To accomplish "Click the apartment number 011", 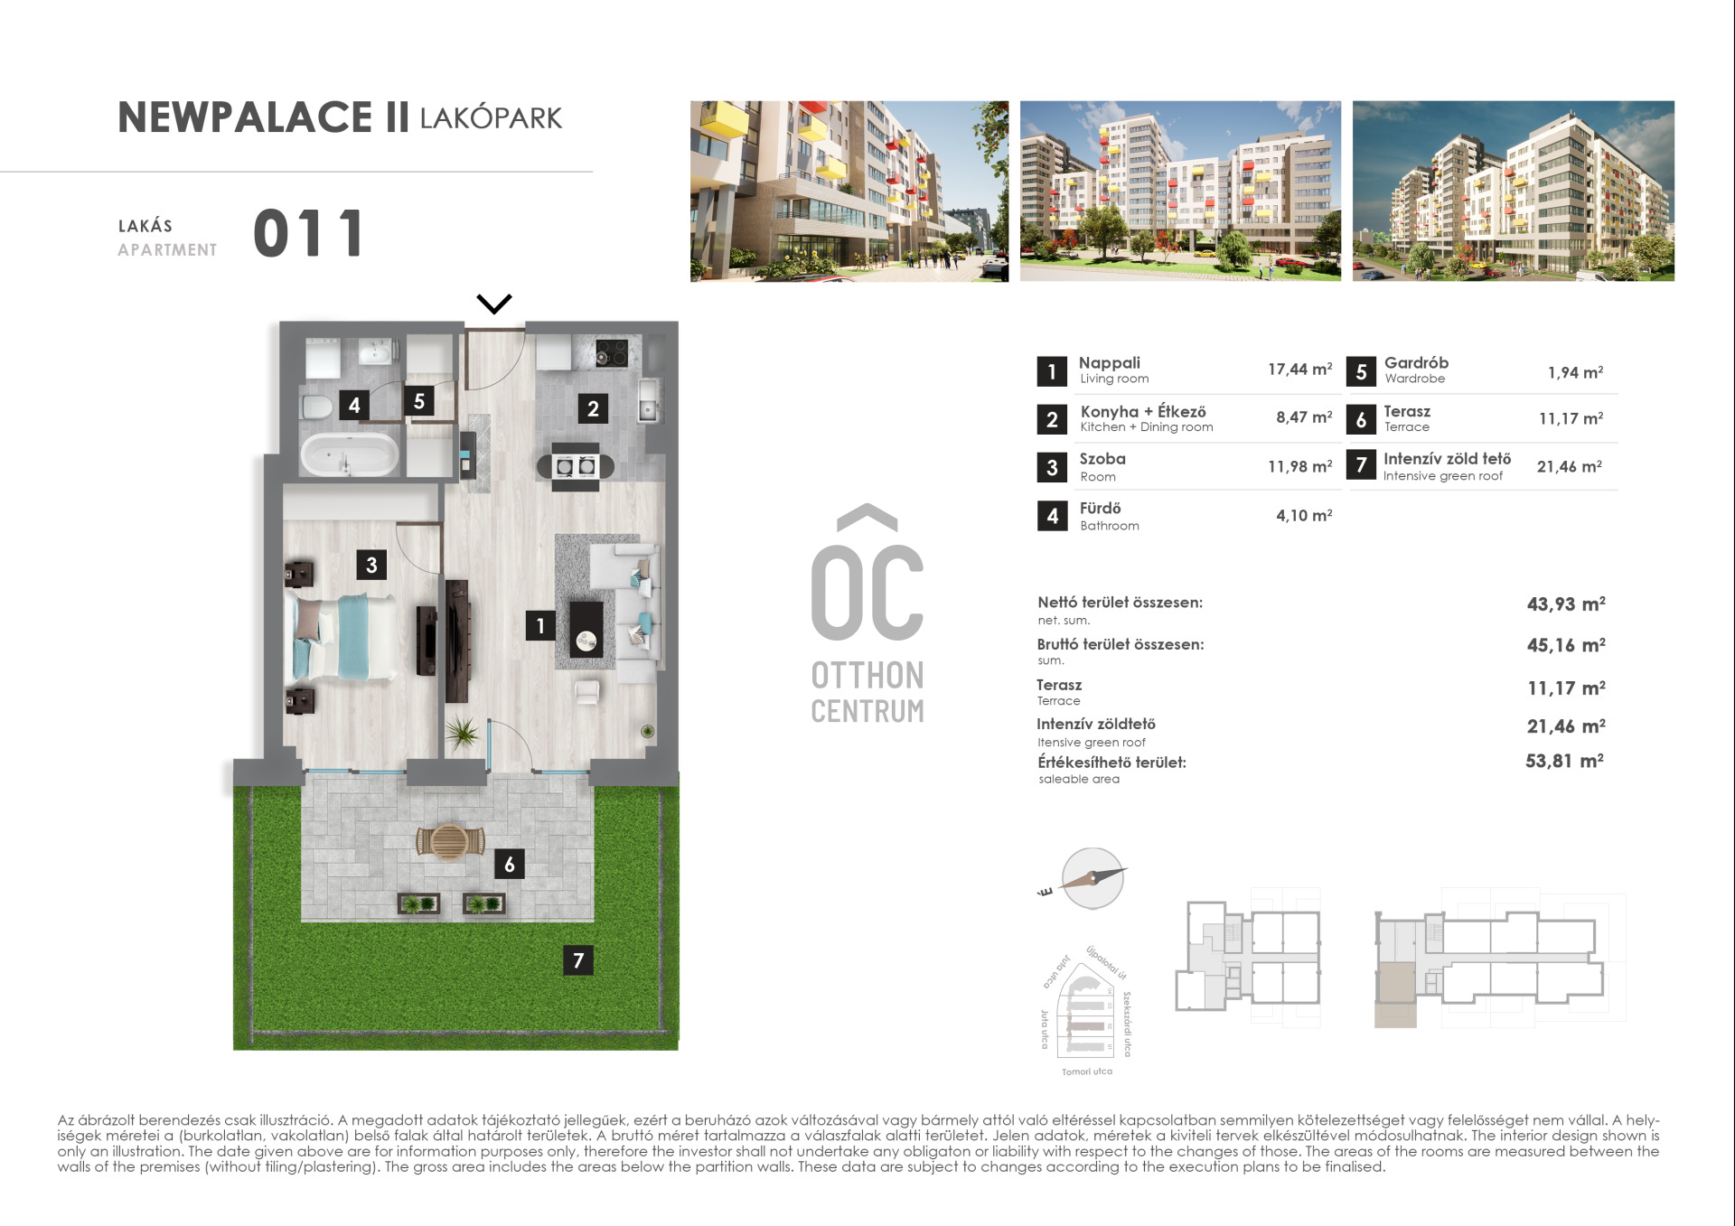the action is [x=308, y=233].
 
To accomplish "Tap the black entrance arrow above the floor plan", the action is [x=494, y=304].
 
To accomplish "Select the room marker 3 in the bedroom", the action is [x=371, y=565].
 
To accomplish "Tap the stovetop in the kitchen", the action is [x=612, y=352].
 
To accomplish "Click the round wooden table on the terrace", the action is [x=449, y=842].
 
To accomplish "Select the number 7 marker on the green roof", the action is [x=578, y=959].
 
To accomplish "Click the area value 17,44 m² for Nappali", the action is [x=1299, y=369].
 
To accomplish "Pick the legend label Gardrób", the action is [x=1416, y=362].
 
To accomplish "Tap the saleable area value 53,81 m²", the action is [x=1565, y=761].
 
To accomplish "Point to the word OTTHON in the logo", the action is [x=867, y=675].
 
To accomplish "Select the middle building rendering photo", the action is [x=1180, y=191].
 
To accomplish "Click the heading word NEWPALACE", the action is [x=245, y=117].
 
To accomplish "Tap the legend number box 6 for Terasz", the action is [x=1361, y=419].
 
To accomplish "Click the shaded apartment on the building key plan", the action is [x=1395, y=995].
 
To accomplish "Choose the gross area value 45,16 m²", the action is [x=1566, y=645].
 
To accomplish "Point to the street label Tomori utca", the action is [x=1087, y=1072].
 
